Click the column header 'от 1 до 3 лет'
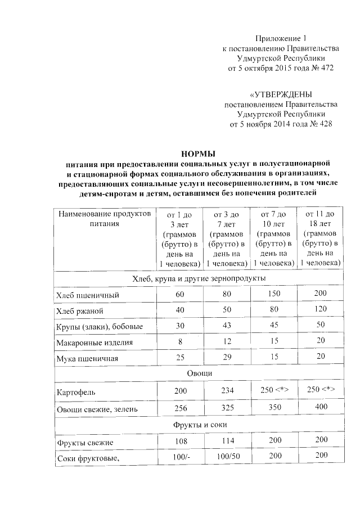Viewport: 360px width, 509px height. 179,238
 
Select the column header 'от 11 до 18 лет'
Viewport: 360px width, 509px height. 320,238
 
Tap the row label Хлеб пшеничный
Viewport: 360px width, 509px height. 87,295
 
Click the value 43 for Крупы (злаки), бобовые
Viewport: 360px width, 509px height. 226,326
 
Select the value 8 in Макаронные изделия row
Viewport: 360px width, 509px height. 179,342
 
